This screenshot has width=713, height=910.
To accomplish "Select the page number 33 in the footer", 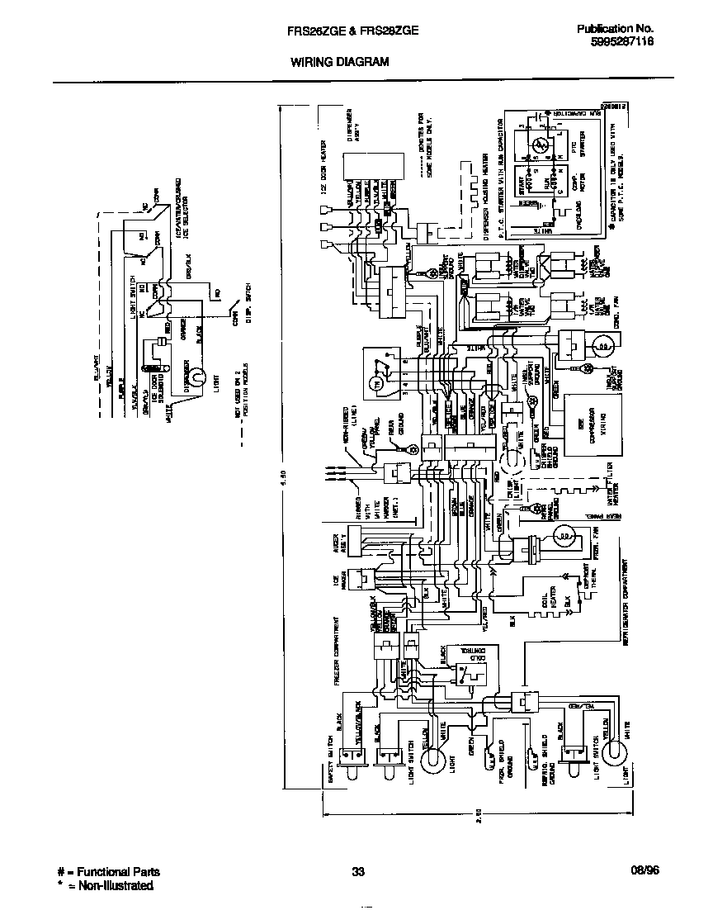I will click(358, 872).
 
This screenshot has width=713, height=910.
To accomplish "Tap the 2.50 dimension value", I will click(479, 818).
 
